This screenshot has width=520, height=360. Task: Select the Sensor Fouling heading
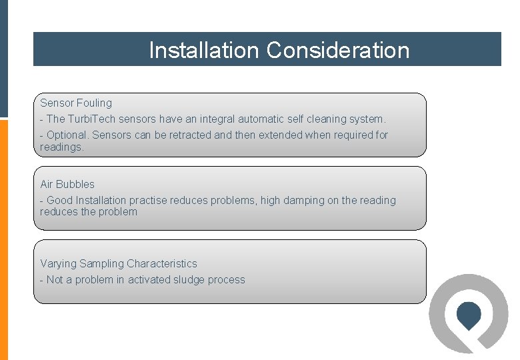pos(76,103)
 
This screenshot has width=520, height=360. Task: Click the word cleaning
pos(331,119)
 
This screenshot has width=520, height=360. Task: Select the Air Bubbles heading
pos(67,185)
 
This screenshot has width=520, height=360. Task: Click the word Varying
pos(57,264)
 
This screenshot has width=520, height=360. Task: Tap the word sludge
pos(191,280)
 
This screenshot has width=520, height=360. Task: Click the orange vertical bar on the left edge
pos(4,240)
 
